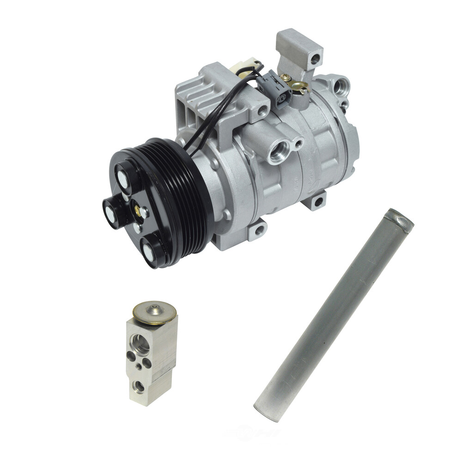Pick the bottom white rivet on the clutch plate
click(148, 252)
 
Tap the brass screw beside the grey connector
click(287, 78)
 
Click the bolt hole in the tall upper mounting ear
click(315, 59)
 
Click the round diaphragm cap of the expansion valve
click(154, 312)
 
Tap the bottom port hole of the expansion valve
click(139, 386)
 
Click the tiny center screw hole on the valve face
click(139, 366)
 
